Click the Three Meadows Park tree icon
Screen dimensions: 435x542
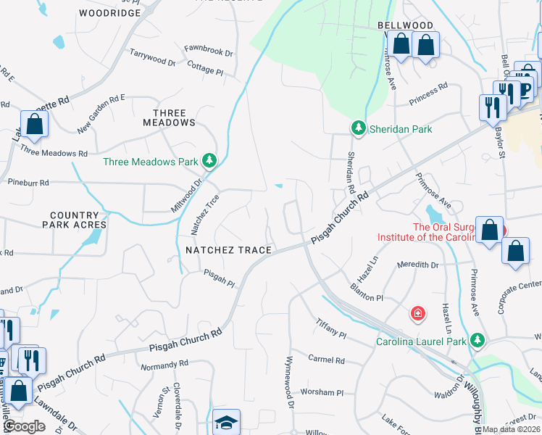(x=209, y=161)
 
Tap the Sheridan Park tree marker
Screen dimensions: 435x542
(x=358, y=128)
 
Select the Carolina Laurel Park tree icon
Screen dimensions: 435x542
(x=477, y=340)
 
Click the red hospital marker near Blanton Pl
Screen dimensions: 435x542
(x=417, y=313)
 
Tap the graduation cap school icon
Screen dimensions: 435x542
(x=226, y=422)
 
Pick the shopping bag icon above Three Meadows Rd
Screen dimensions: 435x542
(x=34, y=124)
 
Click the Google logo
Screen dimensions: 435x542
(x=23, y=426)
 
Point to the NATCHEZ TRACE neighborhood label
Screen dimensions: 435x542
(x=228, y=250)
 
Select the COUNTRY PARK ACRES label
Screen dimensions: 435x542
(x=74, y=220)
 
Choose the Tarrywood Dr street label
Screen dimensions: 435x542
(x=152, y=58)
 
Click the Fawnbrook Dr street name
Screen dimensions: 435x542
(x=208, y=53)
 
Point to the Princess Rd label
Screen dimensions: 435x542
(x=428, y=93)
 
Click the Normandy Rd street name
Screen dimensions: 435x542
(x=164, y=364)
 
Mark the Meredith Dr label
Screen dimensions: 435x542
(x=418, y=265)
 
